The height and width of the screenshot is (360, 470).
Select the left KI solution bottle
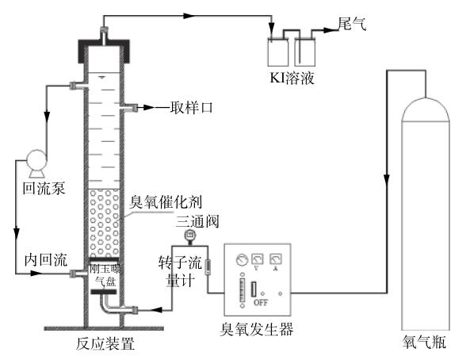(x=277, y=52)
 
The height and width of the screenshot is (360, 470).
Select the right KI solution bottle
(x=305, y=52)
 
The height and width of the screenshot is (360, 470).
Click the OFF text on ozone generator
(x=258, y=302)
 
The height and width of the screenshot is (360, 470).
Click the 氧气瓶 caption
(x=423, y=345)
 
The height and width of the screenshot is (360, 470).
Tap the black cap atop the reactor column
(x=103, y=48)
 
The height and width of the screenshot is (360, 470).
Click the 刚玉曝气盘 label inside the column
(x=103, y=274)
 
